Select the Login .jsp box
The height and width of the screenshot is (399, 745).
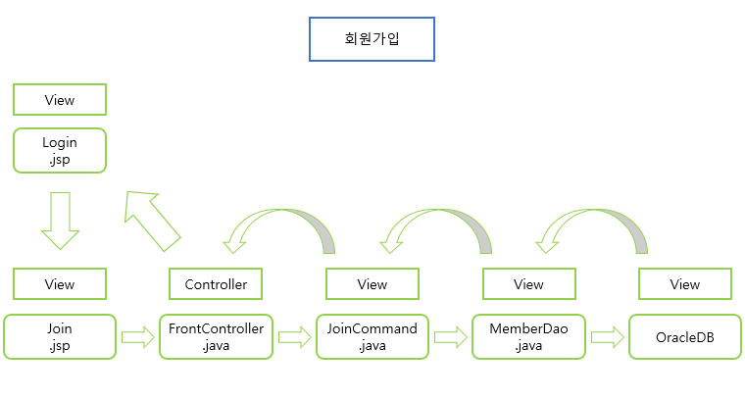click(x=59, y=151)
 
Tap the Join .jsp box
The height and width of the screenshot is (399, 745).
click(x=59, y=336)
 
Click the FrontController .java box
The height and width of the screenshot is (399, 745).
click(x=216, y=336)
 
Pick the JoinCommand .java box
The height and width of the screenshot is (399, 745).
click(x=372, y=336)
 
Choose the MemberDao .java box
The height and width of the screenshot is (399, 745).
click(x=528, y=336)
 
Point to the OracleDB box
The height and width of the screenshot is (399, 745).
click(x=684, y=336)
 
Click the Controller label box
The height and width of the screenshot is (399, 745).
click(x=216, y=284)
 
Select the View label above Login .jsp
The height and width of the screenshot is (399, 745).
click(x=59, y=100)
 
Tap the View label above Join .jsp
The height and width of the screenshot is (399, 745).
click(x=59, y=284)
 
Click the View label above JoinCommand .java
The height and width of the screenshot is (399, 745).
click(x=372, y=284)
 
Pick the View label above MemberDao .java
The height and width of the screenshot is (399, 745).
click(x=528, y=284)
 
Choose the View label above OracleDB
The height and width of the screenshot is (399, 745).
click(x=684, y=284)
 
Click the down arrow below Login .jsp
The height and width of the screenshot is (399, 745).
click(x=60, y=220)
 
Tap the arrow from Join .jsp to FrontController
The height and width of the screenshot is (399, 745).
click(x=137, y=337)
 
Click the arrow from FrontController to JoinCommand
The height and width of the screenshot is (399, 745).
click(x=293, y=337)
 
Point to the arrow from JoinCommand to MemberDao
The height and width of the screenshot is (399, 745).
click(x=450, y=337)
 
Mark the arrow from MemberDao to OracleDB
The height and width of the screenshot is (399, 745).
click(x=607, y=337)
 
